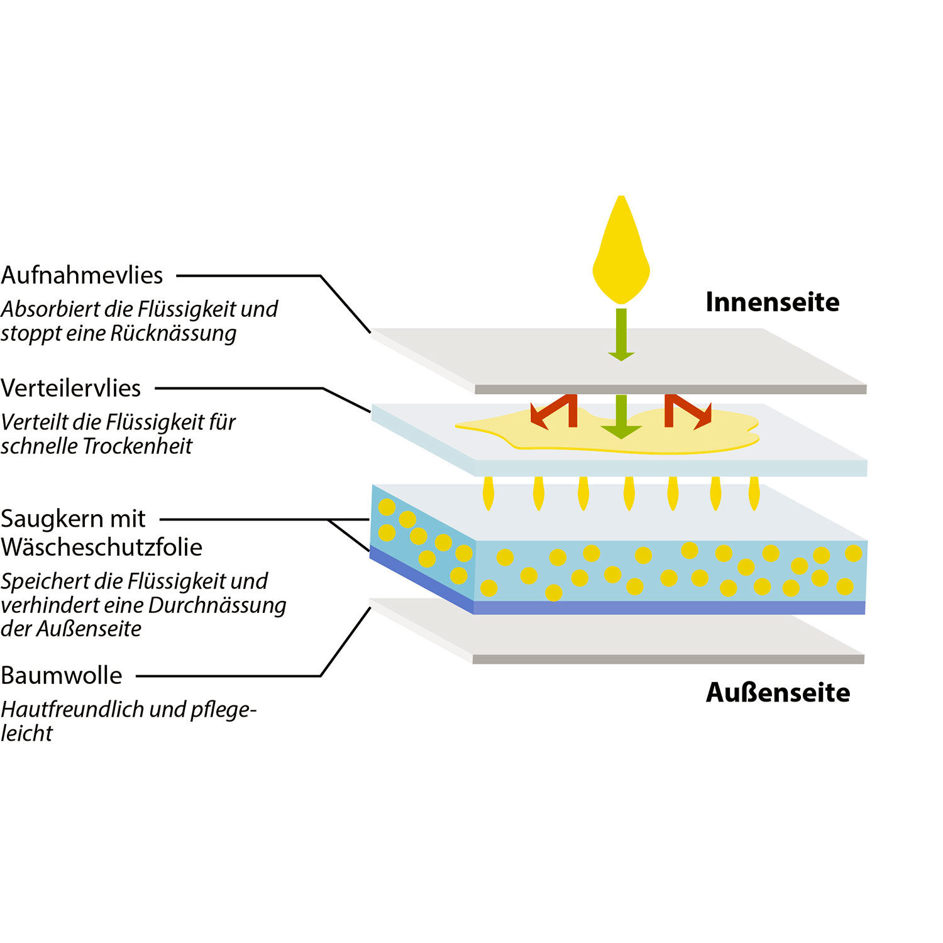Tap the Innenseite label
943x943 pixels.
(x=773, y=302)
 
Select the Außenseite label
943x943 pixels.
(x=778, y=692)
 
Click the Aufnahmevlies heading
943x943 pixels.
(x=82, y=275)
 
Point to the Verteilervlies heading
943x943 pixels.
(x=71, y=388)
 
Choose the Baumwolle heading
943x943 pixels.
(x=62, y=675)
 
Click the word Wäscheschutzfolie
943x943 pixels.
(x=102, y=547)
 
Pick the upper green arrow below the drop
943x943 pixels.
(x=621, y=334)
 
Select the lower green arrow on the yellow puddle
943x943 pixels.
(x=621, y=417)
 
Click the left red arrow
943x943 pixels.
(x=554, y=411)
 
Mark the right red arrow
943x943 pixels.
(x=688, y=411)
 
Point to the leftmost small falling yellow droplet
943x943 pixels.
(x=488, y=494)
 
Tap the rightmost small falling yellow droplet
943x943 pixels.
(x=754, y=494)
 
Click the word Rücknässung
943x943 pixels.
(x=174, y=333)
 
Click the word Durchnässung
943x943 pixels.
(x=217, y=605)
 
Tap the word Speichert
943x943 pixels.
(x=44, y=581)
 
